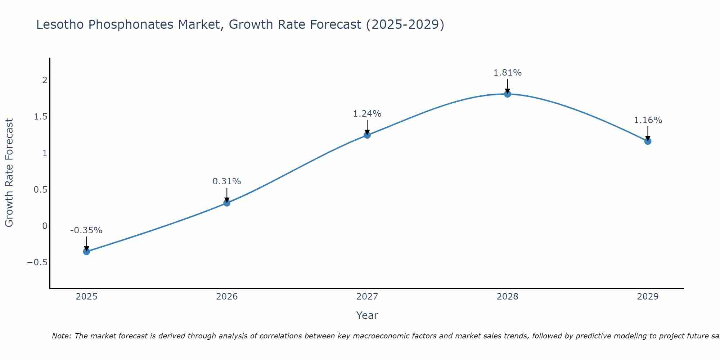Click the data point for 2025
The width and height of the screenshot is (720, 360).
(x=86, y=251)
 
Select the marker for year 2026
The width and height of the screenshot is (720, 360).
(x=227, y=203)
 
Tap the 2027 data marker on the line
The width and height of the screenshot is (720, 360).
(x=367, y=135)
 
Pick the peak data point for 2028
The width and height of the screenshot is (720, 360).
(x=508, y=94)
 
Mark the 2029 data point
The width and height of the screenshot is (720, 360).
(x=648, y=141)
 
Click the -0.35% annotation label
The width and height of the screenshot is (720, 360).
(x=86, y=230)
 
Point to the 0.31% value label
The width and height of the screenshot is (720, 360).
(x=227, y=181)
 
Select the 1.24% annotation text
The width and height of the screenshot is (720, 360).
(x=367, y=114)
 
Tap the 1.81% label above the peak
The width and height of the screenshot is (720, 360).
(x=508, y=73)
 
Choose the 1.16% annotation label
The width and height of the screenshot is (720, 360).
(x=648, y=120)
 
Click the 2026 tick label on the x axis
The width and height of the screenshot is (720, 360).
(x=227, y=297)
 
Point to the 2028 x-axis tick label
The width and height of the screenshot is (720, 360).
(x=508, y=297)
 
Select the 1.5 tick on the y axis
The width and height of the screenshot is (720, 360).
(x=41, y=117)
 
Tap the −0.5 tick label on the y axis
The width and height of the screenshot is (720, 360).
(x=37, y=262)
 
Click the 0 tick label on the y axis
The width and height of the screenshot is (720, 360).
(x=45, y=226)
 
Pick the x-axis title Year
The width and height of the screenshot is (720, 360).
(x=367, y=315)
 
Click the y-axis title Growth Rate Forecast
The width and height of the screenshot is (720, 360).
(x=9, y=173)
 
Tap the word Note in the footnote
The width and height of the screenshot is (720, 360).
(x=61, y=336)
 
